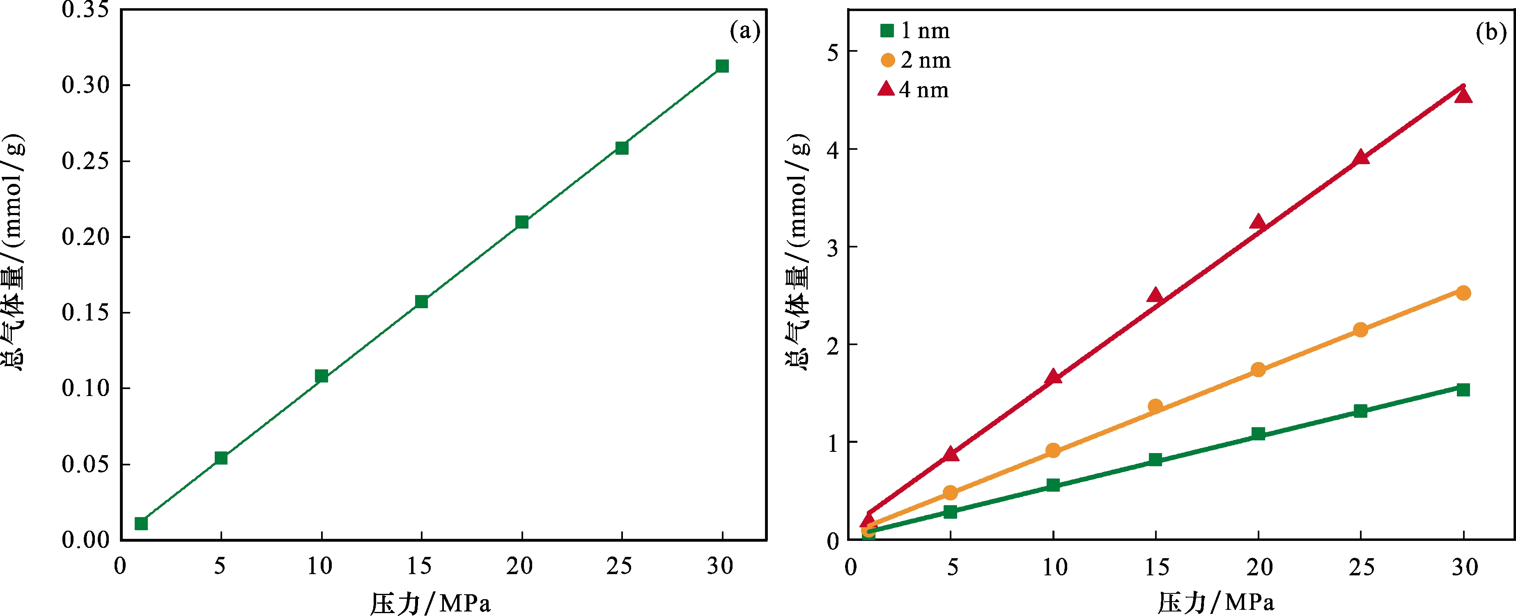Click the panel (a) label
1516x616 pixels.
744,31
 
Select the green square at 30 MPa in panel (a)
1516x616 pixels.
722,66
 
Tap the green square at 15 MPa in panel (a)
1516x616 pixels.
421,302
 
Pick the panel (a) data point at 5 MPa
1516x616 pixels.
221,458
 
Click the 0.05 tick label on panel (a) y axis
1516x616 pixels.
86,464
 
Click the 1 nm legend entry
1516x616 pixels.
915,31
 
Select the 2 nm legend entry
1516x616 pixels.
916,60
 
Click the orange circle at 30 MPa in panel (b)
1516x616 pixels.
1463,293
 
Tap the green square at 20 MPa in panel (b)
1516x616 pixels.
1258,434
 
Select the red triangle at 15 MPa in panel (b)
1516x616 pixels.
1155,295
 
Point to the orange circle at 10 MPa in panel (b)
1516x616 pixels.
1053,451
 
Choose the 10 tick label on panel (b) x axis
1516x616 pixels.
1054,567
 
